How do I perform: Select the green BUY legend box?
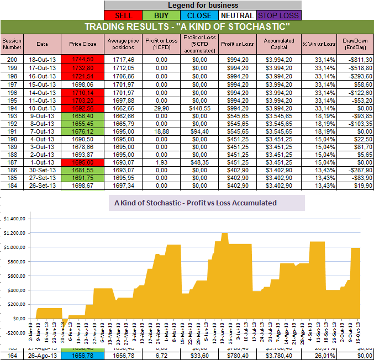(x=160, y=15)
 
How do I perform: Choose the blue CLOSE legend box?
(x=198, y=15)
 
